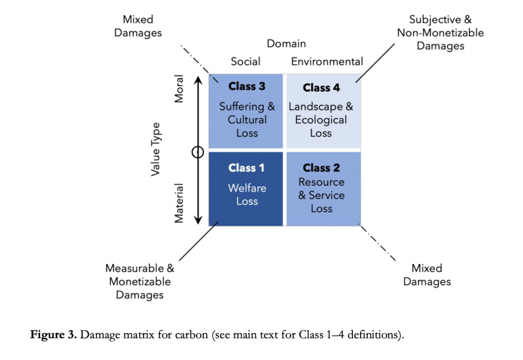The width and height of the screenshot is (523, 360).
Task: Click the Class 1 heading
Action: click(x=247, y=167)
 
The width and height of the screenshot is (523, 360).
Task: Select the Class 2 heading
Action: click(x=321, y=167)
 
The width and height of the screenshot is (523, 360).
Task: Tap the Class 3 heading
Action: click(x=247, y=86)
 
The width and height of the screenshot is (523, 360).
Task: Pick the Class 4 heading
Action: click(x=321, y=88)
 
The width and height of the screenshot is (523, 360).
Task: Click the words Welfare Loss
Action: click(x=247, y=195)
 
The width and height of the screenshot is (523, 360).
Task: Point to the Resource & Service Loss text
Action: click(x=321, y=195)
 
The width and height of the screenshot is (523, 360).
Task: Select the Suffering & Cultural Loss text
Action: click(x=247, y=120)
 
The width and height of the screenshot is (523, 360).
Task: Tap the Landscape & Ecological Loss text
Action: click(x=321, y=120)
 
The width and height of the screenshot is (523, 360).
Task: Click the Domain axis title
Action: click(x=286, y=44)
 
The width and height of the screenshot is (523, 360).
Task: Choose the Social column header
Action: click(x=246, y=62)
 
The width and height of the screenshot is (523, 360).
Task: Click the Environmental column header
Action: click(x=327, y=62)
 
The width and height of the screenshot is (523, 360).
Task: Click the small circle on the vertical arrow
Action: click(x=198, y=152)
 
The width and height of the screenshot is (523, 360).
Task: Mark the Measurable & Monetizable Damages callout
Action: click(x=139, y=281)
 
